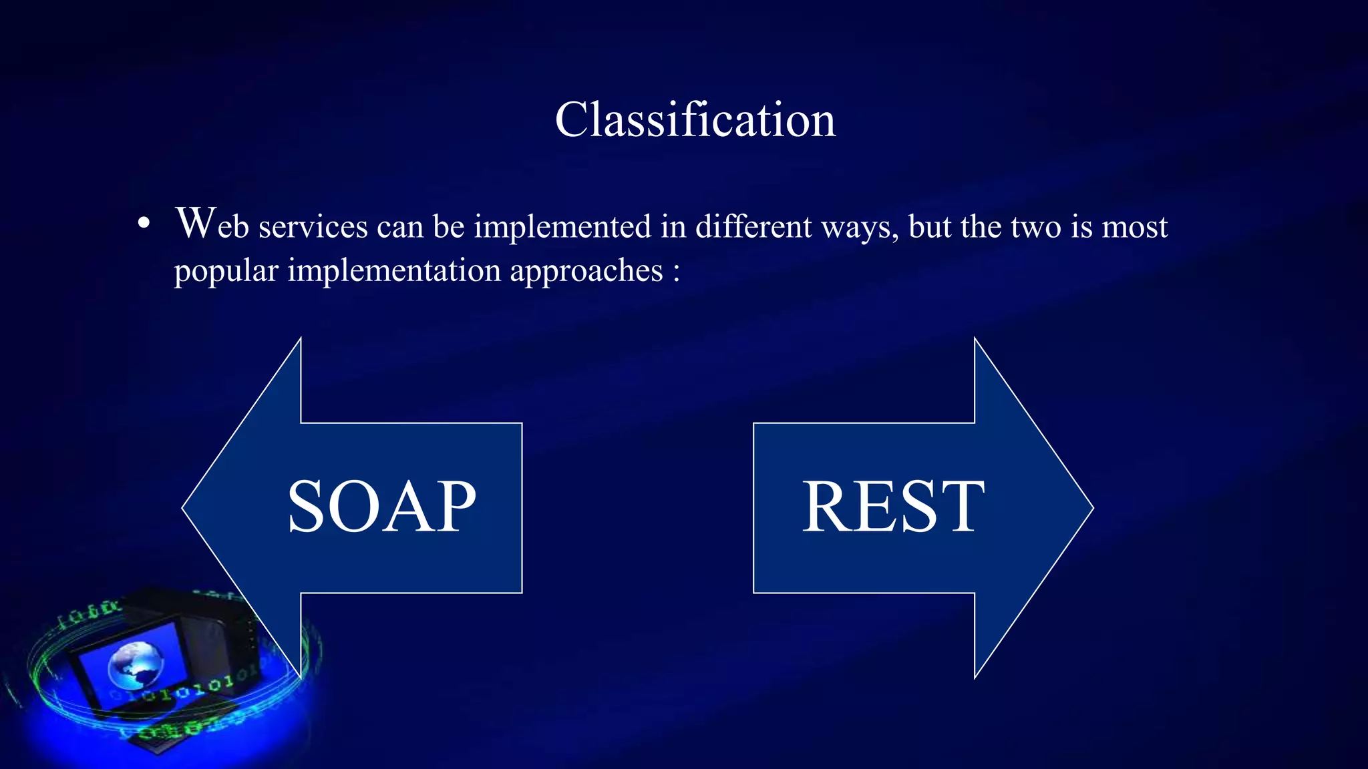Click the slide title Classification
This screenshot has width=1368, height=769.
(x=695, y=120)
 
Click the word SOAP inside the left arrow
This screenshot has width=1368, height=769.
(x=381, y=507)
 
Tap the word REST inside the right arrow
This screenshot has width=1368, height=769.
(x=892, y=507)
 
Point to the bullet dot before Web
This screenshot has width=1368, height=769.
(x=144, y=225)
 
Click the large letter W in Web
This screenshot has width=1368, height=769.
(x=195, y=223)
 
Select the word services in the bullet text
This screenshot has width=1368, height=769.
(x=313, y=228)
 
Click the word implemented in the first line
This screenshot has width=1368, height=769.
(x=562, y=228)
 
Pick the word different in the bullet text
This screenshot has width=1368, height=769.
(x=753, y=228)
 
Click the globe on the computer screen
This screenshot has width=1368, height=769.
(x=136, y=664)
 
